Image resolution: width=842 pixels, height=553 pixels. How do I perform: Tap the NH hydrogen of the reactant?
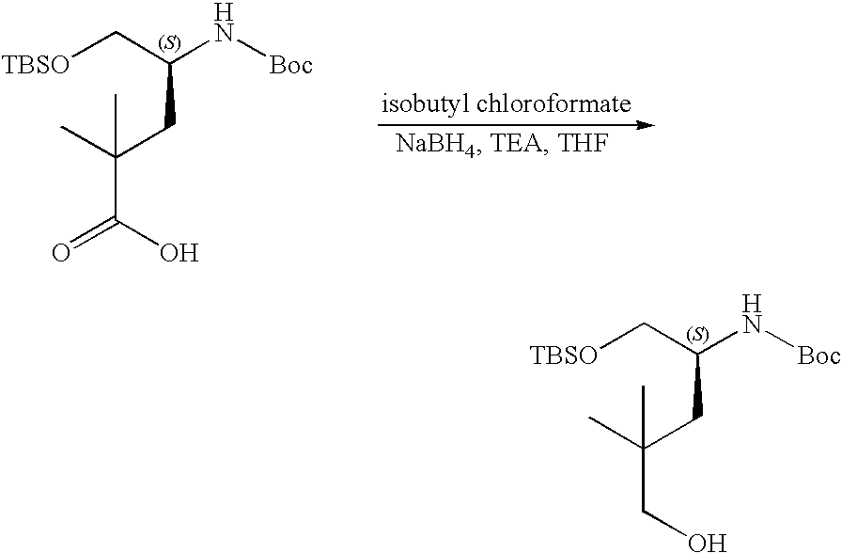click(x=222, y=12)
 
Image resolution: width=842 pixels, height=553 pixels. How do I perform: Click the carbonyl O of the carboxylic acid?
click(x=60, y=255)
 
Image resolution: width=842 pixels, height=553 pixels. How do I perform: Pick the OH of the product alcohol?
click(x=706, y=542)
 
